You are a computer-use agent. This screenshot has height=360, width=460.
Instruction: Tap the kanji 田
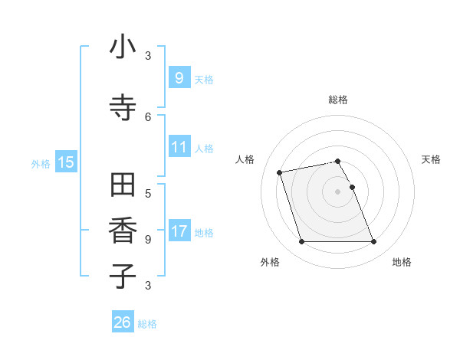(x=123, y=186)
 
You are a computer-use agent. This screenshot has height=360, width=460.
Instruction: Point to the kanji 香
(x=123, y=231)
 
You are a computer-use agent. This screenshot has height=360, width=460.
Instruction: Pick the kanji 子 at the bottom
(x=123, y=276)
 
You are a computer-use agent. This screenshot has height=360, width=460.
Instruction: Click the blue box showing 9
(x=179, y=78)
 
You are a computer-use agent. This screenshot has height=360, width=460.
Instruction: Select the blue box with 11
(x=179, y=147)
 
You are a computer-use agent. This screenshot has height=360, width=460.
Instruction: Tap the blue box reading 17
(x=179, y=231)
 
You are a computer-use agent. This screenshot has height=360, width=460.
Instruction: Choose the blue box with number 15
(x=66, y=162)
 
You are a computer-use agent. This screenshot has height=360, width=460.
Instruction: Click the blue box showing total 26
(x=122, y=322)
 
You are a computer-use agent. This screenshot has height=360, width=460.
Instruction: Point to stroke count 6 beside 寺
(x=148, y=117)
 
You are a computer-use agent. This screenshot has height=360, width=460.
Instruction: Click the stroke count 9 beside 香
(x=148, y=240)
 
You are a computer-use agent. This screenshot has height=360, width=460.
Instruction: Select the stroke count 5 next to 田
(x=148, y=194)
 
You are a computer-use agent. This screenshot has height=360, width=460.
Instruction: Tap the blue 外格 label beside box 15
(x=41, y=163)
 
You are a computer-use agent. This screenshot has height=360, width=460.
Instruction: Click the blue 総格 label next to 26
(x=147, y=324)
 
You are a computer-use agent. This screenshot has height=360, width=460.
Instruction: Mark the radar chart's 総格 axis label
(x=338, y=100)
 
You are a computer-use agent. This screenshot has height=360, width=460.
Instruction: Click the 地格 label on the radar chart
(x=402, y=262)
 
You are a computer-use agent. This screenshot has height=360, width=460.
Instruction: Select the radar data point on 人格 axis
(x=280, y=172)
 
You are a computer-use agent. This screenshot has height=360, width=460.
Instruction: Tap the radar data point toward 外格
(x=301, y=242)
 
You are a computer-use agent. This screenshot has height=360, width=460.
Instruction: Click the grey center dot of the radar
(x=338, y=191)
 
